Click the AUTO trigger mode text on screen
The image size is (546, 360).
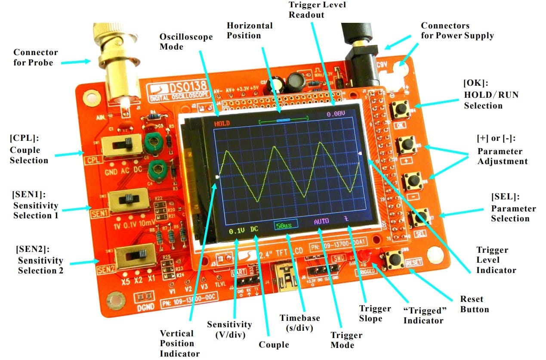click(x=321, y=221)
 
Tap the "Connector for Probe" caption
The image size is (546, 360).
click(x=36, y=57)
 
